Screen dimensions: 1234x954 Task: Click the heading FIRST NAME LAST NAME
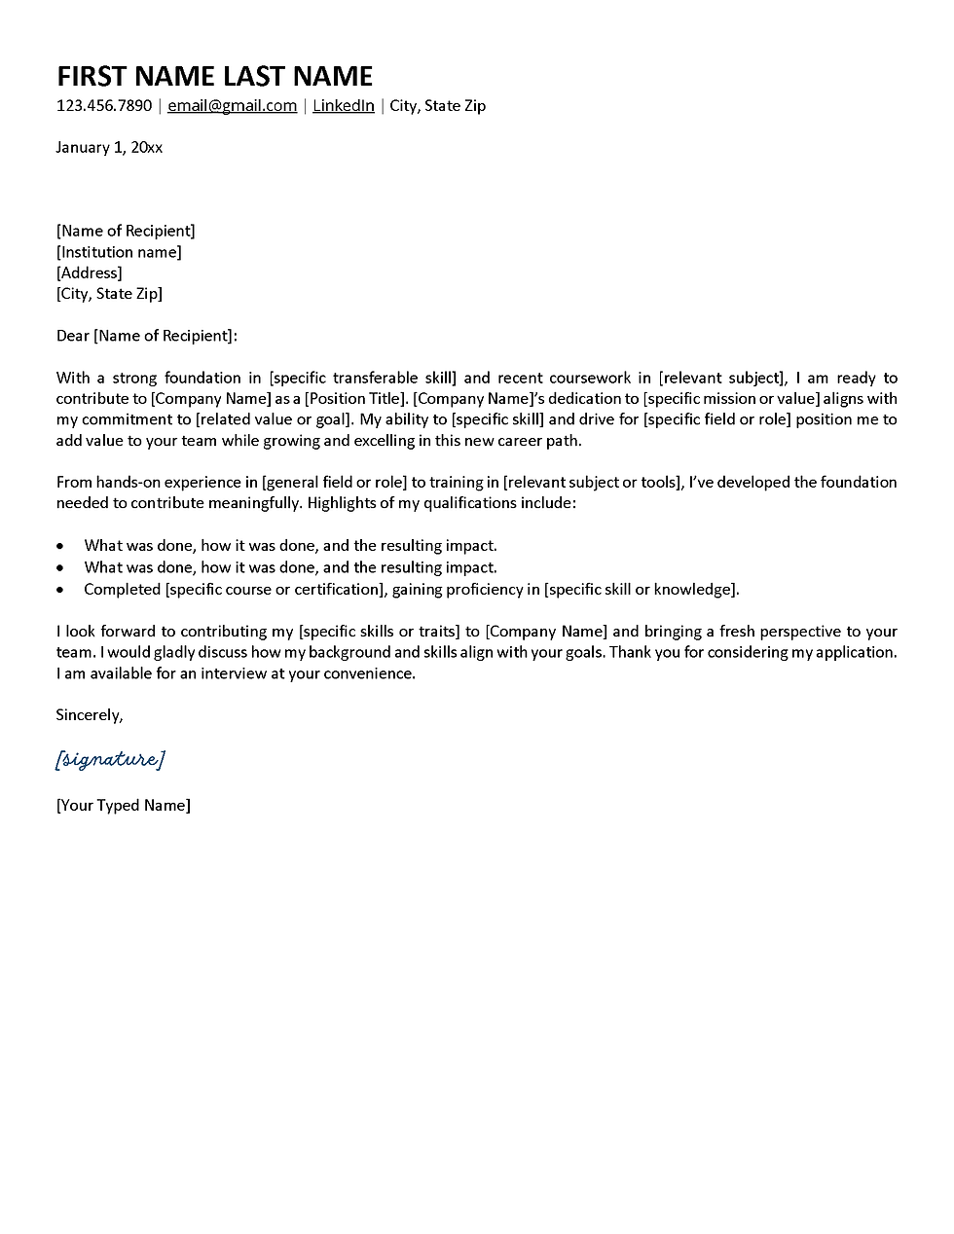[x=214, y=76]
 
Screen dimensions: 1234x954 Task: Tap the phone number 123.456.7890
[x=104, y=106]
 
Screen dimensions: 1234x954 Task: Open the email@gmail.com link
[x=232, y=106]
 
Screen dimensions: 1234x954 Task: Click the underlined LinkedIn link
[x=343, y=106]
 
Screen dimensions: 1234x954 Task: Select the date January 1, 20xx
[x=109, y=148]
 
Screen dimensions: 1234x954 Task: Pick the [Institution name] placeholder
[x=119, y=252]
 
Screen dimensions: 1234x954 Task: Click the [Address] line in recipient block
[x=90, y=273]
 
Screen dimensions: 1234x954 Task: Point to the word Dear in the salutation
[x=72, y=336]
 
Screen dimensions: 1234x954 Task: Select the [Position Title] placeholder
[x=354, y=398]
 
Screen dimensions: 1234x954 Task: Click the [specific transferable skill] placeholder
[x=363, y=378]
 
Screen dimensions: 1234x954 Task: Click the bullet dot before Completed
[x=61, y=590]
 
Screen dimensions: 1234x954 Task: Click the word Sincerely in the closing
[x=89, y=715]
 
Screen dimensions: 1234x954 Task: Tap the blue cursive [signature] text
[x=110, y=759]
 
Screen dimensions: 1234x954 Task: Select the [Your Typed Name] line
[x=124, y=806]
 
